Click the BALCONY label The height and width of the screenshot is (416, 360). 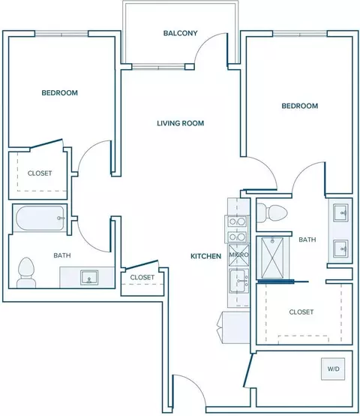click(181, 33)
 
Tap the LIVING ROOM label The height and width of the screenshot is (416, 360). click(181, 123)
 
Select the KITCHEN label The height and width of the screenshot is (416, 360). click(205, 256)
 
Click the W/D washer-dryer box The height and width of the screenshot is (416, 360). click(333, 369)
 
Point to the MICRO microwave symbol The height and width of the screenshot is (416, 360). click(239, 255)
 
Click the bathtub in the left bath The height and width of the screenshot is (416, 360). click(40, 218)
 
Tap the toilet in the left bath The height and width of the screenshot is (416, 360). click(26, 273)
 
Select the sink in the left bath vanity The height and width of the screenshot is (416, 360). click(89, 278)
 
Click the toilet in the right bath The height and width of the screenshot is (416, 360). click(272, 213)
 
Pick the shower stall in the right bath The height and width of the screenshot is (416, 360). click(272, 258)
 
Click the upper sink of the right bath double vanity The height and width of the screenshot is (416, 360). click(340, 213)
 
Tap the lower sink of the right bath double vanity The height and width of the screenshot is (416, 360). click(340, 249)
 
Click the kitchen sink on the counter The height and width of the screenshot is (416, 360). click(239, 281)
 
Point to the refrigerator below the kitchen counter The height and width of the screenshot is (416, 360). click(233, 327)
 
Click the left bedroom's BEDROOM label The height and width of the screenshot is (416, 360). click(59, 93)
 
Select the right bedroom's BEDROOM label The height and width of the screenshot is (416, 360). click(299, 106)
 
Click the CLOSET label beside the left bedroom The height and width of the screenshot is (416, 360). click(40, 173)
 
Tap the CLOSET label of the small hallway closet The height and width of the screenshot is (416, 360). click(142, 277)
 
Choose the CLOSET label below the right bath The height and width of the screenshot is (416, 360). click(301, 312)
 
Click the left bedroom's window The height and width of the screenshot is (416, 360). click(61, 34)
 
